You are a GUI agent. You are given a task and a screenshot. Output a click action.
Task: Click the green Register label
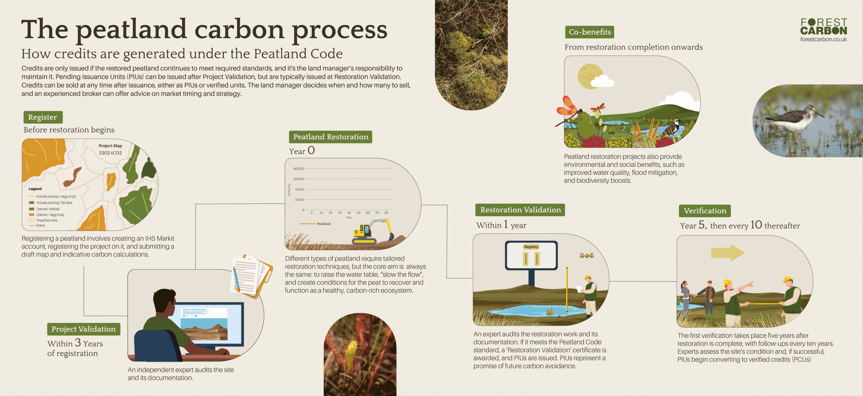click(43, 117)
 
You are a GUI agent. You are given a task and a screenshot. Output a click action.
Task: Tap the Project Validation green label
click(83, 329)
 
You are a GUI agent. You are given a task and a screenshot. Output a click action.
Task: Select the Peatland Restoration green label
click(330, 137)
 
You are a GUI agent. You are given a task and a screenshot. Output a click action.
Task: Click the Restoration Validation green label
click(520, 210)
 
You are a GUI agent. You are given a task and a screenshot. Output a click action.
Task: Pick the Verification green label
click(704, 211)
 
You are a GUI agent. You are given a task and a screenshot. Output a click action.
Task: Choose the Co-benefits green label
click(589, 32)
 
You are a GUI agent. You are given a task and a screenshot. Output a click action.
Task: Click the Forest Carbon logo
click(823, 27)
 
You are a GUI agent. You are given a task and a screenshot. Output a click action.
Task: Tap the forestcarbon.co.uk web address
click(823, 40)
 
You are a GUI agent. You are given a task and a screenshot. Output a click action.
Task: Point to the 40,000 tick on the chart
click(299, 169)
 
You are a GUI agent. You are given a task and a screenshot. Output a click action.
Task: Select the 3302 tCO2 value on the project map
click(110, 153)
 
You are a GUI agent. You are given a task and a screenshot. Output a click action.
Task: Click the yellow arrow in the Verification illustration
click(728, 253)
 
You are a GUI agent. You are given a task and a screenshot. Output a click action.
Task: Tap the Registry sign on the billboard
click(531, 247)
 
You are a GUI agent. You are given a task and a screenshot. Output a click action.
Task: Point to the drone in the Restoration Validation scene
click(587, 256)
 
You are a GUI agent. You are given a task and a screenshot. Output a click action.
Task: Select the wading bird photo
click(807, 121)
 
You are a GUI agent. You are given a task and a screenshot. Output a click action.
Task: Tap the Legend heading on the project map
click(35, 188)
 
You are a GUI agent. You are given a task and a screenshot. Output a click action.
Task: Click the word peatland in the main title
click(131, 30)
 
